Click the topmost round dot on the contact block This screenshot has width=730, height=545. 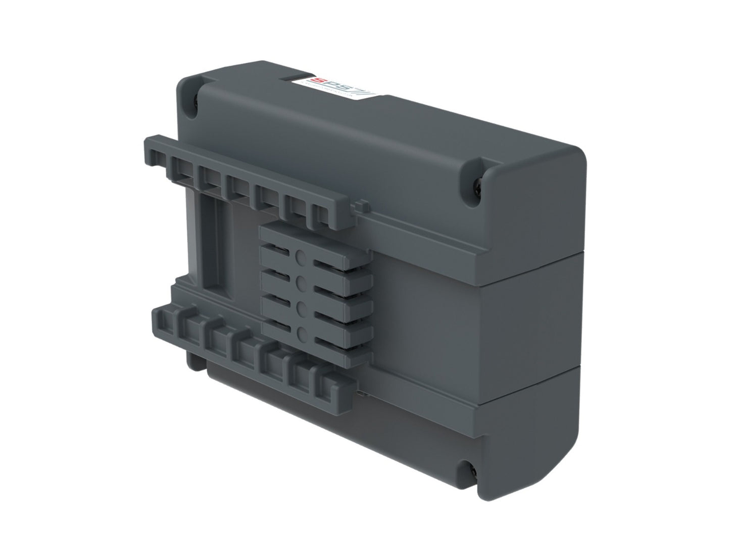(301, 258)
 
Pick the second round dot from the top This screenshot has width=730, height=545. (302, 283)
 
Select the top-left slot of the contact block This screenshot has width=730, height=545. (276, 248)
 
